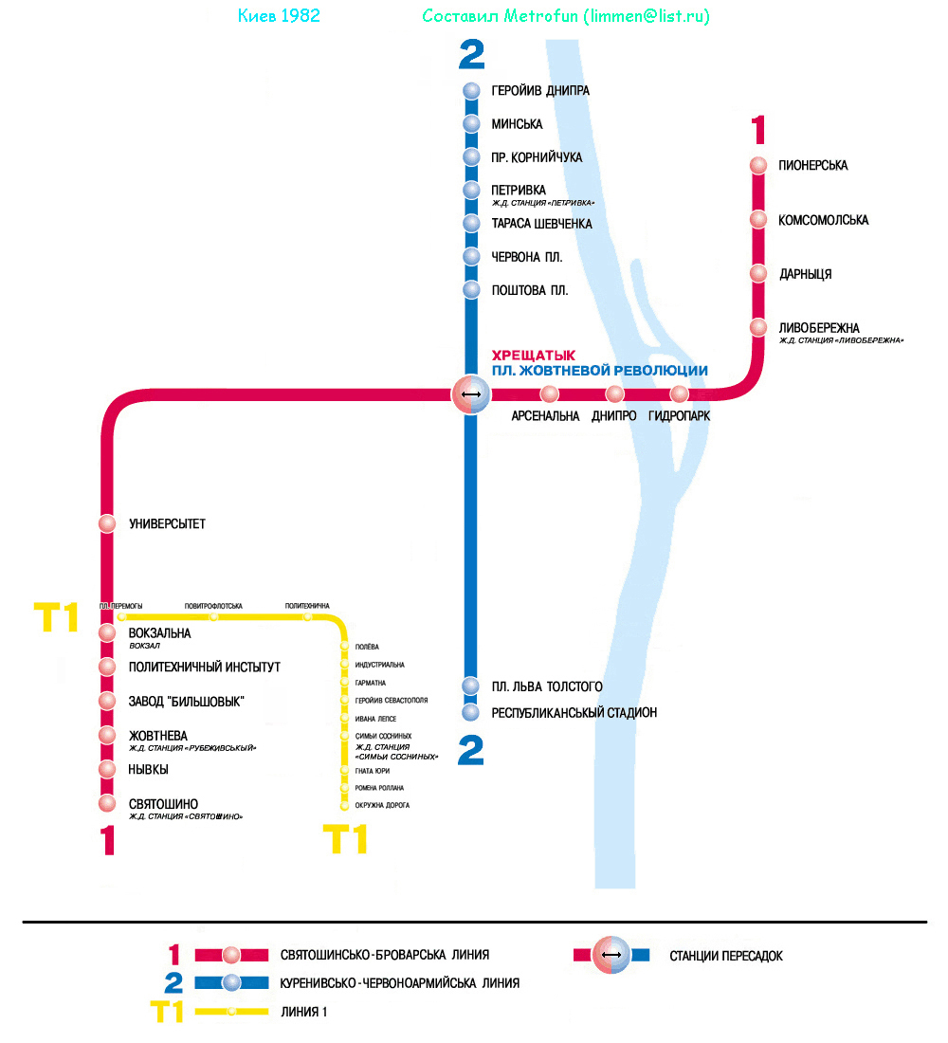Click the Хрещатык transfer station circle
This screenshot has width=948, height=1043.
point(471,393)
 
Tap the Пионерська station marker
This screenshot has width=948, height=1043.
point(757,165)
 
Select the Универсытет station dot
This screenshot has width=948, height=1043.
point(107,523)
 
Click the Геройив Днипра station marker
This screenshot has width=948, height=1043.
point(471,91)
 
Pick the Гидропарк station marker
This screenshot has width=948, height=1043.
point(679,393)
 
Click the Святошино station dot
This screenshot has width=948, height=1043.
point(107,804)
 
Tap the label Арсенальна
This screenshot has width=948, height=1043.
point(545,416)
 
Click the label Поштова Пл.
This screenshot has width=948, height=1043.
point(530,290)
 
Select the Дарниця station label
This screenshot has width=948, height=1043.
point(805,274)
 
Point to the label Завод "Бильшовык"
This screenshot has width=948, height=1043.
point(187,702)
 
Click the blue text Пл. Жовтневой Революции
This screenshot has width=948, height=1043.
point(600,371)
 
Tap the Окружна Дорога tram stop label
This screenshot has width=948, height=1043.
point(382,806)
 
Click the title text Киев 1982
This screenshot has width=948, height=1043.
point(278,16)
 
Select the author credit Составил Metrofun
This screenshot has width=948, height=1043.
point(565,16)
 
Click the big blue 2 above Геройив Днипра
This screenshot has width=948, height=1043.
point(471,55)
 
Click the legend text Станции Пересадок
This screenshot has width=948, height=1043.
point(726,956)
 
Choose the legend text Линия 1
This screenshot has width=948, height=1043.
point(304,1012)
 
